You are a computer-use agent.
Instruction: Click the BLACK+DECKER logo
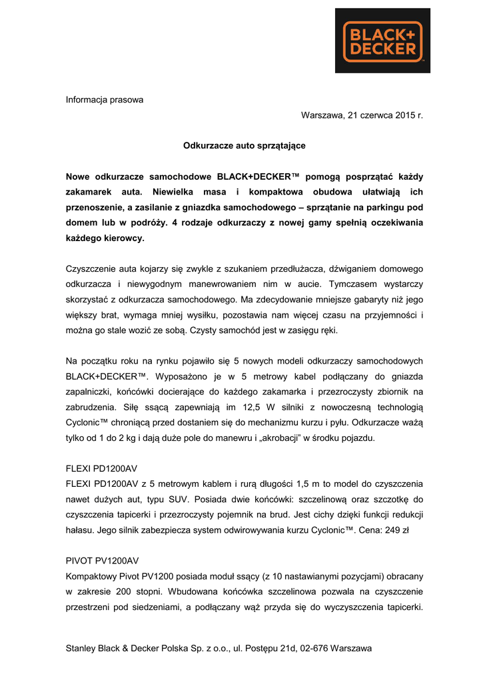tap(382, 41)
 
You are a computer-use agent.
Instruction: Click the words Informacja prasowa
tap(104, 100)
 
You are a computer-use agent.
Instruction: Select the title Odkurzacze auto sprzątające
tap(244, 145)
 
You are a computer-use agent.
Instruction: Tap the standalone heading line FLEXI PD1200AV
tap(101, 468)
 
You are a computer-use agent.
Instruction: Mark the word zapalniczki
tap(91, 392)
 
